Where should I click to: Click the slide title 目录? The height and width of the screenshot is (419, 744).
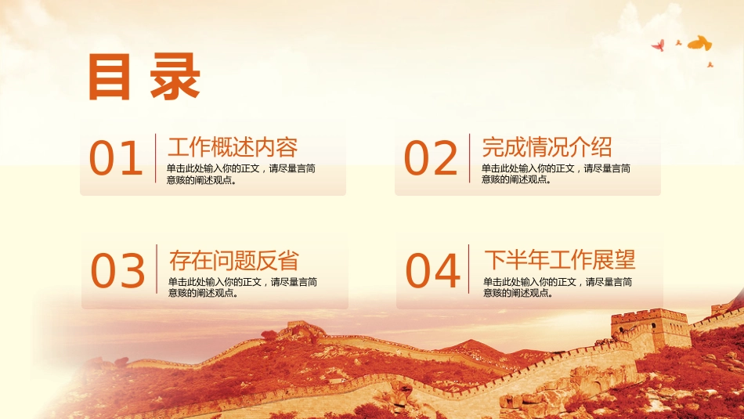(143, 77)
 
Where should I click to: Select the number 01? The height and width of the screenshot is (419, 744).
(116, 158)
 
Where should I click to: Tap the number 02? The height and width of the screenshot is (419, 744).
(431, 158)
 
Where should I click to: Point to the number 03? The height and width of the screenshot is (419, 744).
(117, 270)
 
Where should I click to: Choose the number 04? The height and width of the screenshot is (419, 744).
(432, 270)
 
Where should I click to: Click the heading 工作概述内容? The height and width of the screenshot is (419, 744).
(233, 147)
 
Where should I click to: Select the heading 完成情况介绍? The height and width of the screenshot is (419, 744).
(547, 147)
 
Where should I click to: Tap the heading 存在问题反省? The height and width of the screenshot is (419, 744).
(234, 261)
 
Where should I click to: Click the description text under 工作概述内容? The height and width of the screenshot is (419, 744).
(241, 174)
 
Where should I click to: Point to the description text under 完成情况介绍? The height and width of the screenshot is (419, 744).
(556, 174)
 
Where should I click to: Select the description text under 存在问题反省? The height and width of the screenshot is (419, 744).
(243, 287)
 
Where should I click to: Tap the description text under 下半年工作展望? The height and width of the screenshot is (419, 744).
(558, 287)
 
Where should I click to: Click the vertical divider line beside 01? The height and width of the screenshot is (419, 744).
(156, 158)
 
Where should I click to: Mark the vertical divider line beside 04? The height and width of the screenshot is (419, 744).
(469, 269)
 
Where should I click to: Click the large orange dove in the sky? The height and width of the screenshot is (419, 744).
(699, 43)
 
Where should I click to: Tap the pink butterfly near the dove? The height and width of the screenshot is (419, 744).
(658, 45)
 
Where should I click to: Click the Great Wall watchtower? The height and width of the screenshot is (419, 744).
(651, 330)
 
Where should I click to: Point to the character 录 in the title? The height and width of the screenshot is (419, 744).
(175, 77)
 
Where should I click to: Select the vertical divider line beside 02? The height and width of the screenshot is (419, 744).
(470, 158)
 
